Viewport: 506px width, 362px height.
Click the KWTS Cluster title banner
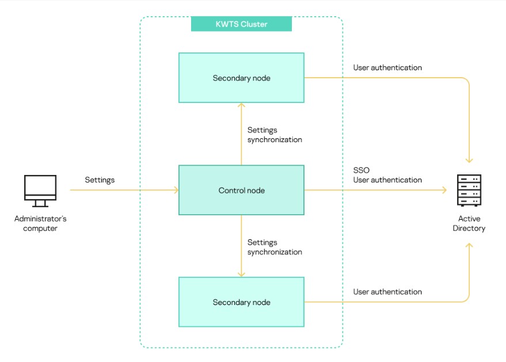click(x=241, y=24)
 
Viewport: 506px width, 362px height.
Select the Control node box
click(x=241, y=190)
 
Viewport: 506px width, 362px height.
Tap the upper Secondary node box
click(x=241, y=78)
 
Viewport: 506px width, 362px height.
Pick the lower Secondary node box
click(x=241, y=302)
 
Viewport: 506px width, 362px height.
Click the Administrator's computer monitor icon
click(x=40, y=191)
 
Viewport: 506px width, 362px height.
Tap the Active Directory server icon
click(x=469, y=190)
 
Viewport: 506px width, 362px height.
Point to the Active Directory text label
click(x=469, y=223)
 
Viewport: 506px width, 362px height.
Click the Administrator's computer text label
click(x=40, y=223)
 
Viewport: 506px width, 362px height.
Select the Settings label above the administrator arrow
click(x=100, y=180)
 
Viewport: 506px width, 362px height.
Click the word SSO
click(x=361, y=170)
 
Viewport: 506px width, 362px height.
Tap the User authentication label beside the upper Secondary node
click(x=387, y=67)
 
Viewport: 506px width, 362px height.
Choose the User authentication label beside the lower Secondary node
click(x=387, y=292)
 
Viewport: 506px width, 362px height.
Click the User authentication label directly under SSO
click(x=387, y=180)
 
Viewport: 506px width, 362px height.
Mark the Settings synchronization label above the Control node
click(x=275, y=135)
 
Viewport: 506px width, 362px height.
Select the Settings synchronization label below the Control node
click(x=275, y=247)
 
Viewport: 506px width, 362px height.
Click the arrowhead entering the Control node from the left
click(x=176, y=190)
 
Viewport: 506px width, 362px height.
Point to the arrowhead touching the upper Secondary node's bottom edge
click(x=241, y=105)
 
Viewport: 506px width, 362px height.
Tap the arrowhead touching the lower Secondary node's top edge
click(x=241, y=275)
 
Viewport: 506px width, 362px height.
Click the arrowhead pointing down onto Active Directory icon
click(x=469, y=161)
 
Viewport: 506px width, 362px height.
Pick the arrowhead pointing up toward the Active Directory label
click(x=469, y=246)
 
